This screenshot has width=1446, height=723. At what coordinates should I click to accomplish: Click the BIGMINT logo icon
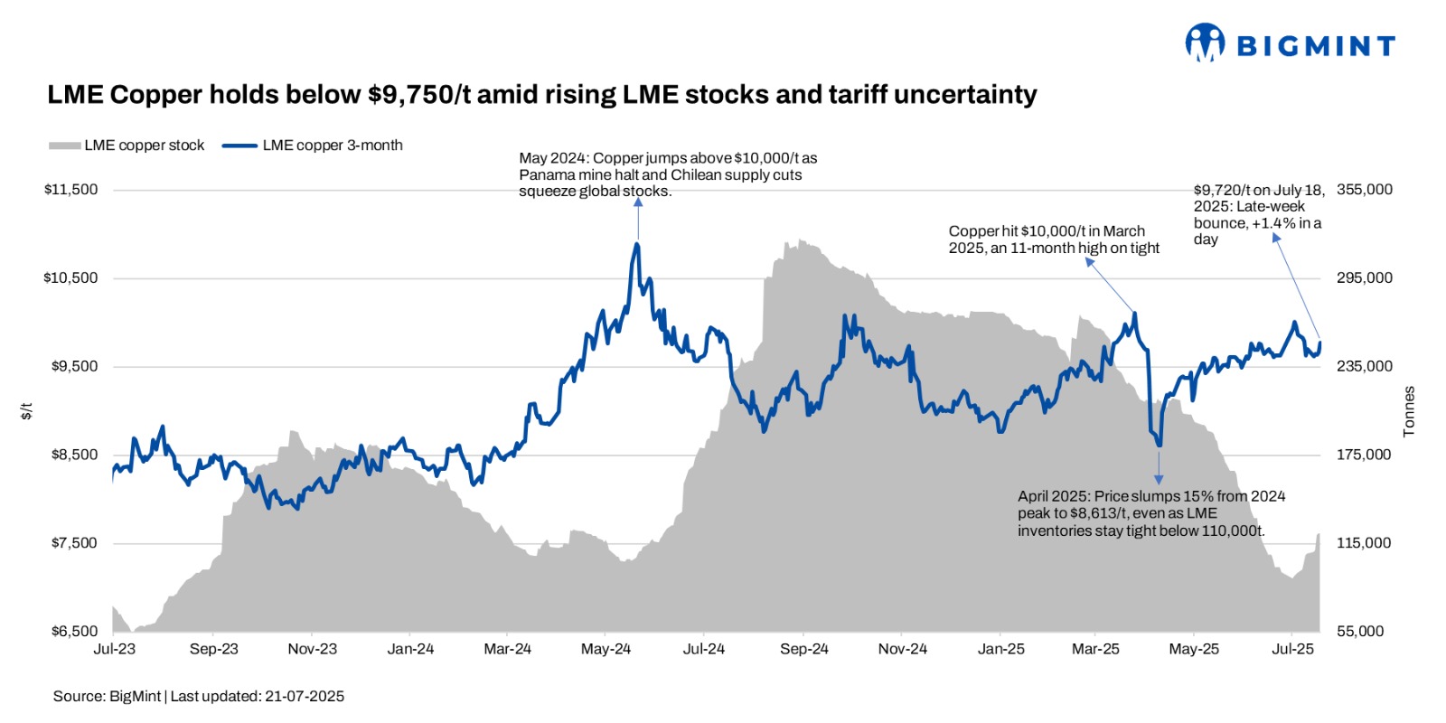pyautogui.click(x=1205, y=42)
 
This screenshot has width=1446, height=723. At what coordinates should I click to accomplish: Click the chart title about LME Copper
pyautogui.click(x=542, y=95)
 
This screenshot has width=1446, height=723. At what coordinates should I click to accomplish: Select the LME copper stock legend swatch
pyautogui.click(x=64, y=146)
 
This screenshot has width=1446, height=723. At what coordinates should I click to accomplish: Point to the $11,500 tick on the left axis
pyautogui.click(x=70, y=190)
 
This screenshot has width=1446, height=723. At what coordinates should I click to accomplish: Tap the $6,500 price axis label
pyautogui.click(x=74, y=631)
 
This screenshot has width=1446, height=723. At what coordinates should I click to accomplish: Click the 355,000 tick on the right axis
pyautogui.click(x=1364, y=190)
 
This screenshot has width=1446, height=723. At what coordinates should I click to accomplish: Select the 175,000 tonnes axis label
pyautogui.click(x=1364, y=455)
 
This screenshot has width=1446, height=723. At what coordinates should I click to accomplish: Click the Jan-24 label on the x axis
pyautogui.click(x=410, y=649)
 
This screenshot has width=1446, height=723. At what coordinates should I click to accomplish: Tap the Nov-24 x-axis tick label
pyautogui.click(x=902, y=649)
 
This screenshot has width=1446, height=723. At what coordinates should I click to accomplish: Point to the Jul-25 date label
pyautogui.click(x=1292, y=649)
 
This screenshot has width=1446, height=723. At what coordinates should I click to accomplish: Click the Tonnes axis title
pyautogui.click(x=1409, y=412)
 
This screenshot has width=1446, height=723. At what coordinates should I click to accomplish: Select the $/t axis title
pyautogui.click(x=27, y=411)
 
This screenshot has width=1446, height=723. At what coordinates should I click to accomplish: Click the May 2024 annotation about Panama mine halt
pyautogui.click(x=667, y=174)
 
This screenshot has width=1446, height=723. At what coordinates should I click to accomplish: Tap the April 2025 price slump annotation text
pyautogui.click(x=1150, y=513)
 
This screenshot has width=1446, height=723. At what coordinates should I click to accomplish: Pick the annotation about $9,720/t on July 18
pyautogui.click(x=1258, y=214)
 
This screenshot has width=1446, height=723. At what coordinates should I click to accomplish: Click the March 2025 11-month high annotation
pyautogui.click(x=1053, y=239)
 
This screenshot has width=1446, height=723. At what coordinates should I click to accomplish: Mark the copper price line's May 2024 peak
pyautogui.click(x=638, y=244)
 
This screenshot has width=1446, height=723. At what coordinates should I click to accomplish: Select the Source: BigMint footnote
pyautogui.click(x=199, y=696)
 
